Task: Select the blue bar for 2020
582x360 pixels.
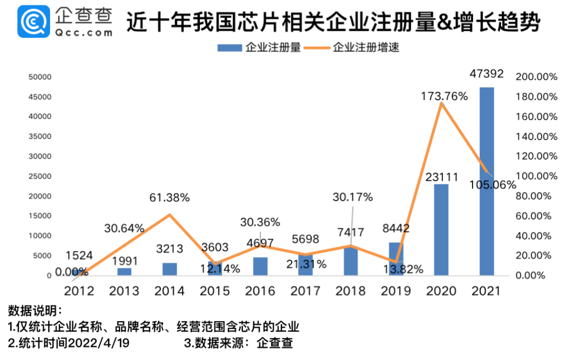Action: [x=441, y=230]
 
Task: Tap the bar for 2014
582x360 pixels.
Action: [x=170, y=269]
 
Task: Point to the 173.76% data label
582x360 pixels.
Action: [x=444, y=96]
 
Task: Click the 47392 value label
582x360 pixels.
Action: [x=487, y=73]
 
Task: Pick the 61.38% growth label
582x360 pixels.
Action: [x=170, y=198]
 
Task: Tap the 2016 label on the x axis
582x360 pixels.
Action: [x=260, y=292]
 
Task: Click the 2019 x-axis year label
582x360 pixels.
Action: [x=396, y=292]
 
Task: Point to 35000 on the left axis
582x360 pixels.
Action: [x=40, y=136]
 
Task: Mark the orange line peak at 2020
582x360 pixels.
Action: [x=441, y=103]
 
